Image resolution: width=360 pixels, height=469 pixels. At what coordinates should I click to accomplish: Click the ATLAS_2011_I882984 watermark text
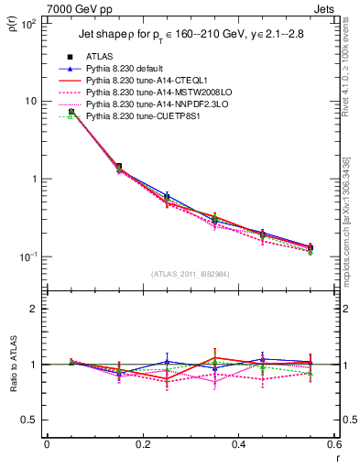coord(191,274)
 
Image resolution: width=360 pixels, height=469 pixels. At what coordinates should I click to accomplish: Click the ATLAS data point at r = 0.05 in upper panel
coord(71,112)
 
